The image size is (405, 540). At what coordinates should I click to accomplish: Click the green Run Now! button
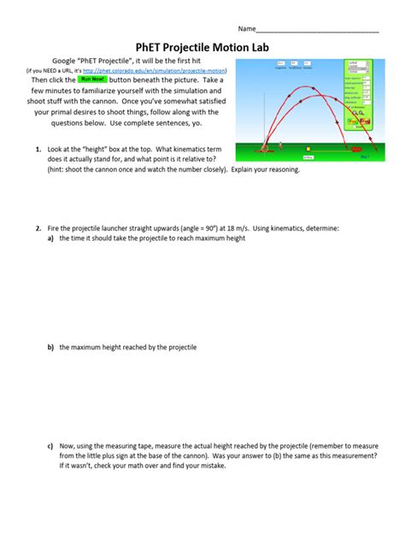point(91,79)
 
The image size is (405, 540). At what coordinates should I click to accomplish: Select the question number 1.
point(38,149)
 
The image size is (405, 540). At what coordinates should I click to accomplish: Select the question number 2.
point(38,228)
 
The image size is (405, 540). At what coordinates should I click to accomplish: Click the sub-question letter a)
point(50,238)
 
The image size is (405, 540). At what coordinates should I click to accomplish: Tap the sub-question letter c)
point(50,445)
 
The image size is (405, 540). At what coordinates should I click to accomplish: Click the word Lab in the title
point(255,49)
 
